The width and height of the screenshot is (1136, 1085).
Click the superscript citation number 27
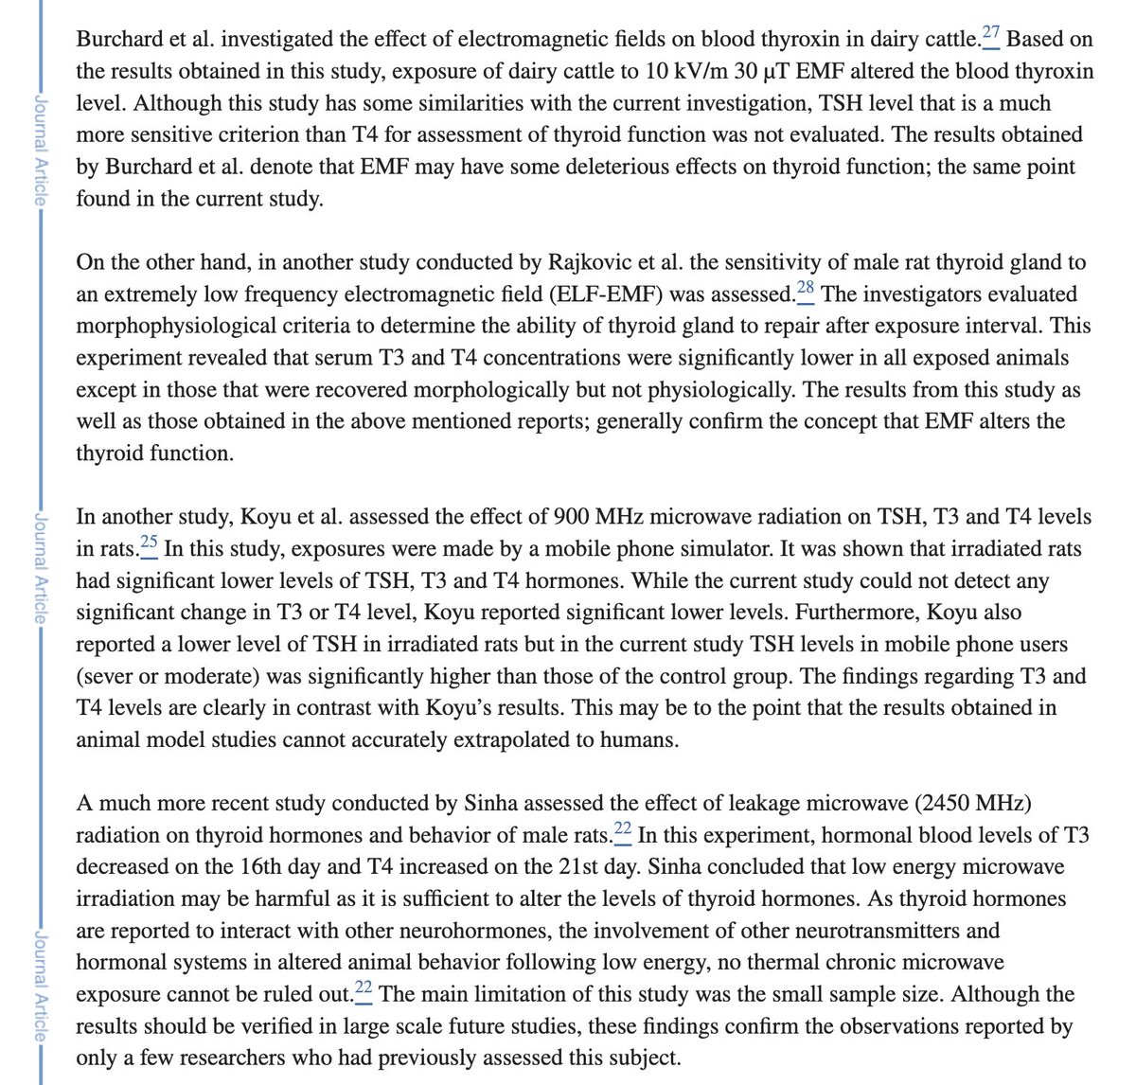click(x=990, y=35)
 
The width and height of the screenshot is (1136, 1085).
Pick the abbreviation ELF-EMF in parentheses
click(x=615, y=294)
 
